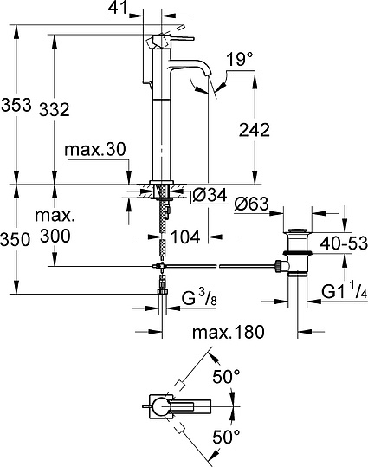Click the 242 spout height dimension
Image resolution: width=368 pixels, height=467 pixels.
point(253,130)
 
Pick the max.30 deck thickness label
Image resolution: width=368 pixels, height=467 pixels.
point(95,150)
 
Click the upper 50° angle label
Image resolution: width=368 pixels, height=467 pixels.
point(228,376)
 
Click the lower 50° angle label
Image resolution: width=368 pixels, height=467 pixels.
point(228,438)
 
